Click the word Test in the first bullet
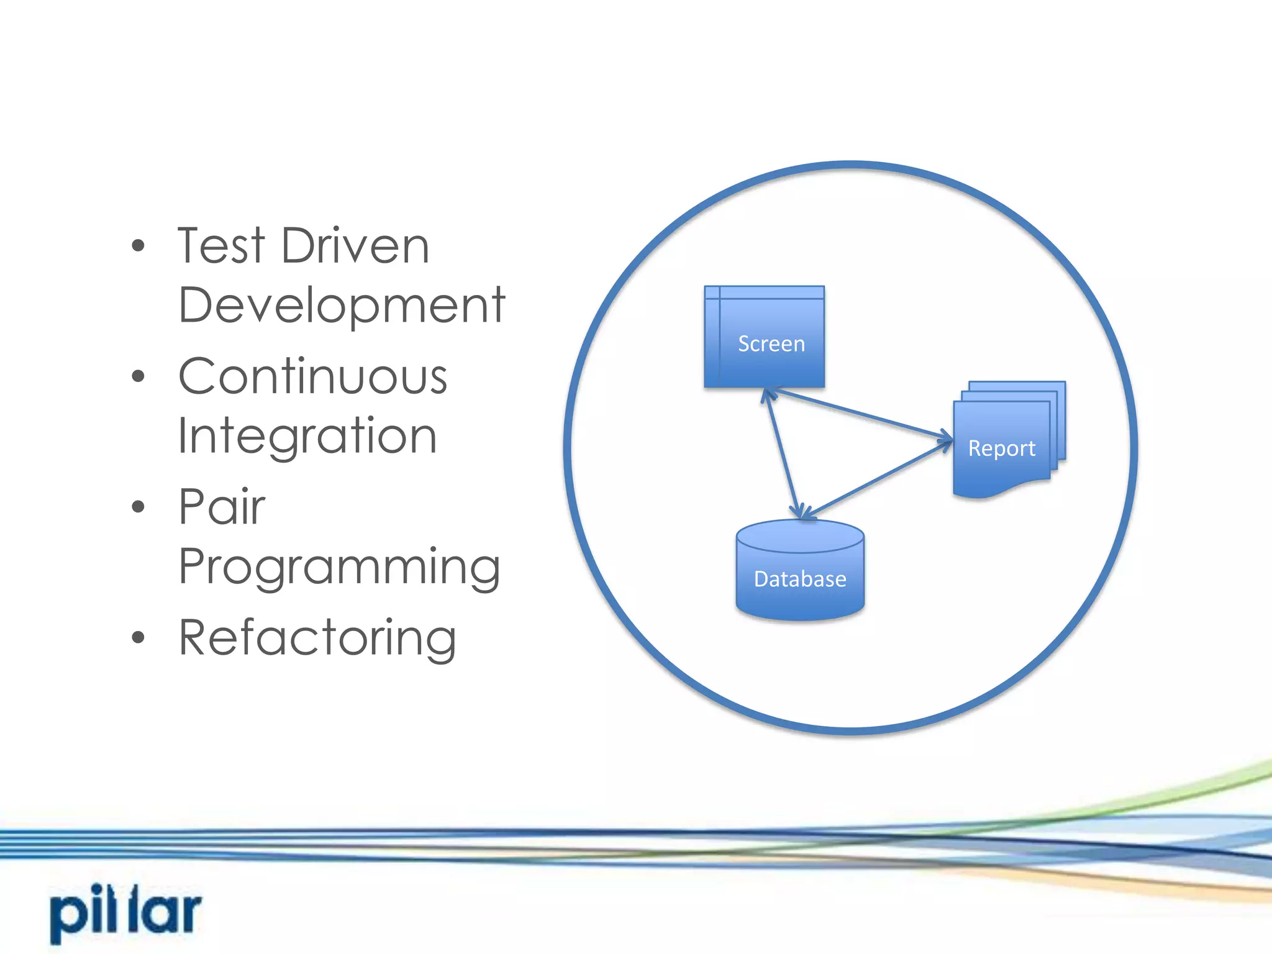(x=221, y=246)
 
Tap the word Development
(x=342, y=306)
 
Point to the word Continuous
(x=312, y=377)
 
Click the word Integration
(x=307, y=437)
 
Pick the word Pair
(x=222, y=507)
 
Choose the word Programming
(x=339, y=567)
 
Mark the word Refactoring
(x=317, y=638)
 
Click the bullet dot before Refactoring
(x=138, y=637)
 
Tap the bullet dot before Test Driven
(x=138, y=246)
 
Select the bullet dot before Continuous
(x=138, y=376)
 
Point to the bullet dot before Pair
(x=138, y=507)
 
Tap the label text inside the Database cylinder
(x=800, y=579)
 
